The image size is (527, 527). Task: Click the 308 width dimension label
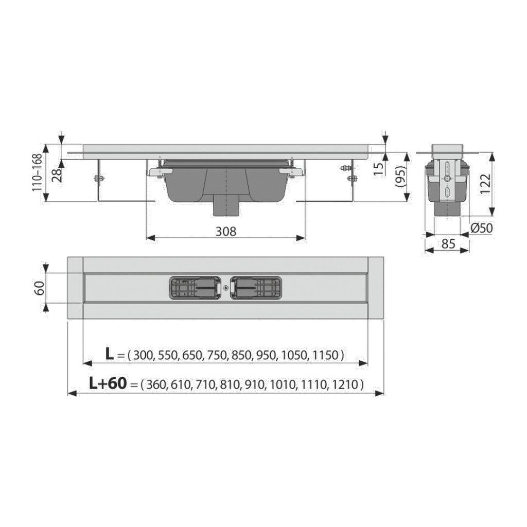coord(226,231)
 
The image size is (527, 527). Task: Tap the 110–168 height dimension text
coord(37,172)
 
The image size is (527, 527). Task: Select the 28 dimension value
coord(57,175)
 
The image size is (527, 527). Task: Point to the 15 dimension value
coord(379,169)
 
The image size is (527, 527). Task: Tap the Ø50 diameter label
coord(481,228)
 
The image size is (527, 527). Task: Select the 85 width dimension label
coord(448,243)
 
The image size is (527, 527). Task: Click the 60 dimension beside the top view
coord(40,288)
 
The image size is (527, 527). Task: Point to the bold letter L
coord(110,354)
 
